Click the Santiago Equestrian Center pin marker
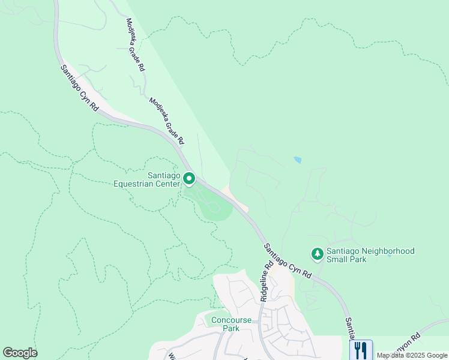coord(189,179)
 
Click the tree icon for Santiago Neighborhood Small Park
coord(317,254)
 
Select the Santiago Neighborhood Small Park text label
coord(370,256)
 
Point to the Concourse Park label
coord(225,324)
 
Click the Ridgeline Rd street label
coord(267,281)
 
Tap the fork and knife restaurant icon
coord(361,350)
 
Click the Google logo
coord(20,353)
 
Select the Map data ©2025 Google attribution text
coord(411,355)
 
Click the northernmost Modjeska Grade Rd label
coord(134,45)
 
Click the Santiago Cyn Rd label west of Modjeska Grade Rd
coord(79,88)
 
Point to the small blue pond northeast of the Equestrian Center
coord(298,160)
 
